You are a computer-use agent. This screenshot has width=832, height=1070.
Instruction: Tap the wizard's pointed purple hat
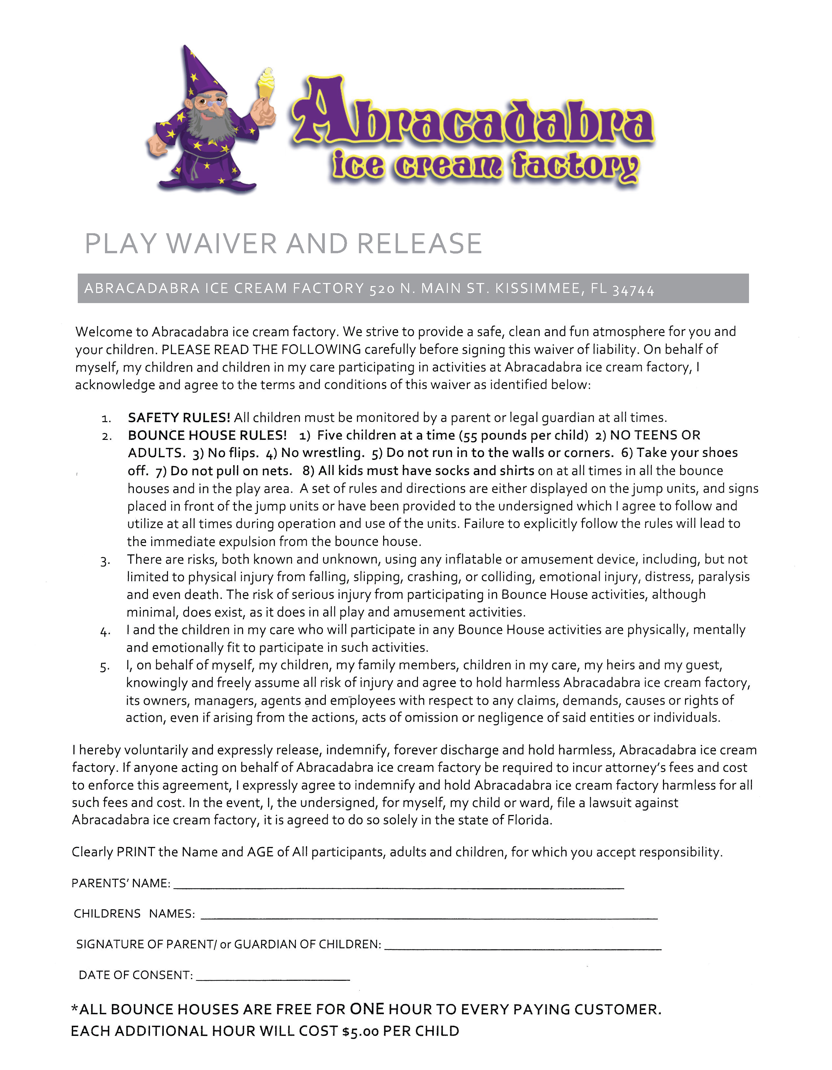pyautogui.click(x=201, y=73)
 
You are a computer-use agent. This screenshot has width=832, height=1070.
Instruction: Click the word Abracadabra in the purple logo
pyautogui.click(x=473, y=115)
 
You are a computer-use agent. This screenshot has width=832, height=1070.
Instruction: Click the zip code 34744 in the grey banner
pyautogui.click(x=633, y=290)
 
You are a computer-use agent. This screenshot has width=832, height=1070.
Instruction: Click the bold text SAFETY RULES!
pyautogui.click(x=178, y=418)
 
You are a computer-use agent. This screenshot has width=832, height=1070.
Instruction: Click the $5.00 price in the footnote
pyautogui.click(x=361, y=1031)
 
